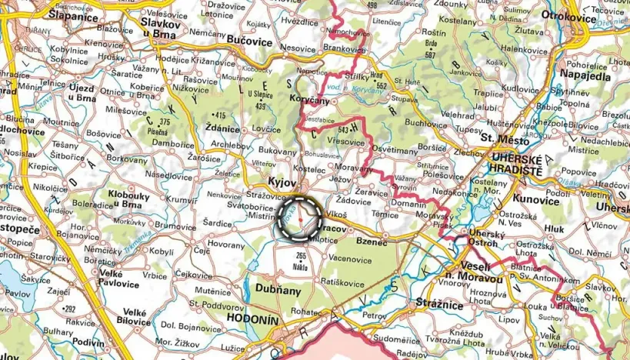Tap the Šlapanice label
click(x=75, y=15)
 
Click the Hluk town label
click(x=554, y=228)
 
